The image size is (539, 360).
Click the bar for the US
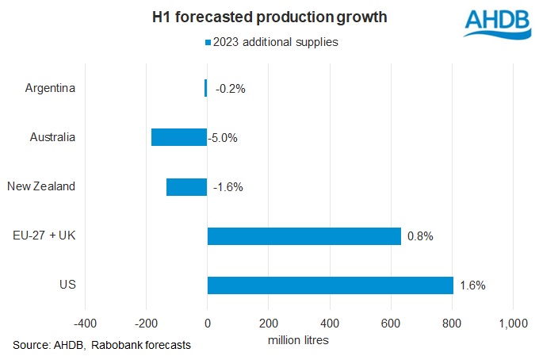pos(330,285)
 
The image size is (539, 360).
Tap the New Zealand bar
pos(186,187)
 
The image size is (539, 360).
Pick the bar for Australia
pos(178,137)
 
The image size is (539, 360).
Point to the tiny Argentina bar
pos(205,88)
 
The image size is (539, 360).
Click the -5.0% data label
pos(223,138)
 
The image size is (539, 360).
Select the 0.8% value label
pos(420,236)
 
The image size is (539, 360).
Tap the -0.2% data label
pos(230,89)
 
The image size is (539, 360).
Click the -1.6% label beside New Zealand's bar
pos(227,187)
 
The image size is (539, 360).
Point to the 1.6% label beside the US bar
pos(472,285)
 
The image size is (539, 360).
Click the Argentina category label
pos(51,88)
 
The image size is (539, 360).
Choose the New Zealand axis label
pos(41,187)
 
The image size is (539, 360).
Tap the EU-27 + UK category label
pos(45,236)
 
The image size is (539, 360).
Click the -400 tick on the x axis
pos(85,324)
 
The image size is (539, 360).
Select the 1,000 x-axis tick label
pos(513,324)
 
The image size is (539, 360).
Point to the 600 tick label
pos(391,324)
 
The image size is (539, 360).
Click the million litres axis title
pos(299,340)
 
